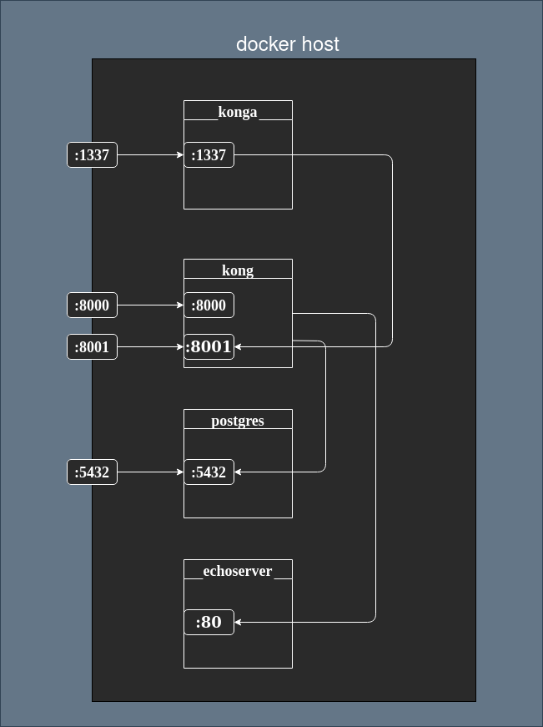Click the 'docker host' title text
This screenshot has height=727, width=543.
288,44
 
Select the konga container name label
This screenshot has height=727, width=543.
238,112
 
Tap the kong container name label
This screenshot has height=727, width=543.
238,270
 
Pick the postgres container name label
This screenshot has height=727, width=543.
238,421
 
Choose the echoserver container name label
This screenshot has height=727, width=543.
238,571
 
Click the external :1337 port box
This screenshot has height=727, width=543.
92,155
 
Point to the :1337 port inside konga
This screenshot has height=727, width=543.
209,155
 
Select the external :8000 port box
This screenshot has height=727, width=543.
92,305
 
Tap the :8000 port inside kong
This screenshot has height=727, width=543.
209,305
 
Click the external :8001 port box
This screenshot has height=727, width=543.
92,347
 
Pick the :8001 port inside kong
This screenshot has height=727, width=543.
209,347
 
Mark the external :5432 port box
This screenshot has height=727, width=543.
92,472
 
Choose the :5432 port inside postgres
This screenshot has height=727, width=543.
209,472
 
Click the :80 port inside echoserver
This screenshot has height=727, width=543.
209,623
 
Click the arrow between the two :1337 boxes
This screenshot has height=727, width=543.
150,155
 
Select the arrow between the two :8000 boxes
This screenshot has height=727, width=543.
150,305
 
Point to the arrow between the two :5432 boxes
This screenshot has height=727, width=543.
150,472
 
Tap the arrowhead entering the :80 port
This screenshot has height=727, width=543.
239,623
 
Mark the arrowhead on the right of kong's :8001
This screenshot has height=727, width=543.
239,347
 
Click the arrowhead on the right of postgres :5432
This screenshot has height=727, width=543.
239,472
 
